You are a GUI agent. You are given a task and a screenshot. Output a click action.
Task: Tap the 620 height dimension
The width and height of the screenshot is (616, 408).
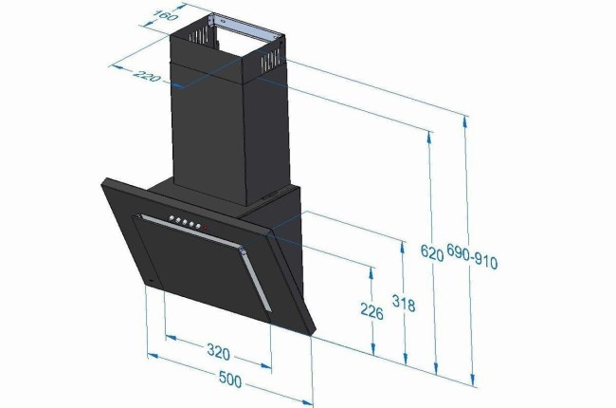(431, 253)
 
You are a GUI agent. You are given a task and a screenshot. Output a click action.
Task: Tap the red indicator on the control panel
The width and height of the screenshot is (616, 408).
(206, 227)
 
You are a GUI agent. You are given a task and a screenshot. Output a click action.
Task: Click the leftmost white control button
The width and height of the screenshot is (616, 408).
(172, 220)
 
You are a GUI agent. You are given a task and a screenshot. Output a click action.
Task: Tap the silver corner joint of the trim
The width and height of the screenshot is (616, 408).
(243, 251)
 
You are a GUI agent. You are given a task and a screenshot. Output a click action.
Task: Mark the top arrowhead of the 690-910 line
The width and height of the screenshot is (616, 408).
(466, 119)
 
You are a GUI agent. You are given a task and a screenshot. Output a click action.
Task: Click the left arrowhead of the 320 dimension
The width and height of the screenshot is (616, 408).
(169, 336)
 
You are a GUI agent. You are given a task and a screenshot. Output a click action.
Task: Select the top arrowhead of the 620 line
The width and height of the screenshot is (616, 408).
(432, 137)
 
